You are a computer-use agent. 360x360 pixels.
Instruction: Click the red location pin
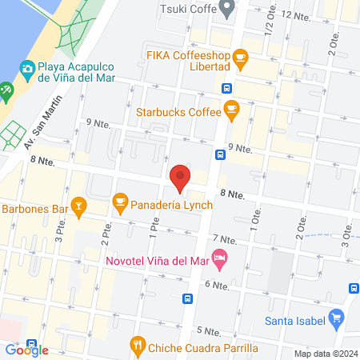[x=180, y=178]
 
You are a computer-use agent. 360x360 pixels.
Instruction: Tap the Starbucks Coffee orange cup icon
[x=231, y=108]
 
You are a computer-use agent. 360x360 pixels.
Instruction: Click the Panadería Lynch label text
[x=172, y=205]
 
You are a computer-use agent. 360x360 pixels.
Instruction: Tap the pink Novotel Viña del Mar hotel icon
[x=220, y=257]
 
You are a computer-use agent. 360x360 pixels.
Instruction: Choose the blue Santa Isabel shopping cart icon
[x=337, y=318]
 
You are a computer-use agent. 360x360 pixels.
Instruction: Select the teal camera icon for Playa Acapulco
[x=27, y=70]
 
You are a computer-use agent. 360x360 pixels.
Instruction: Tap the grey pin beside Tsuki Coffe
[x=227, y=10]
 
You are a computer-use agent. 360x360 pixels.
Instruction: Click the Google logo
[x=27, y=350]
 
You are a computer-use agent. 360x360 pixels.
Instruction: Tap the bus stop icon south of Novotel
[x=187, y=299]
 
